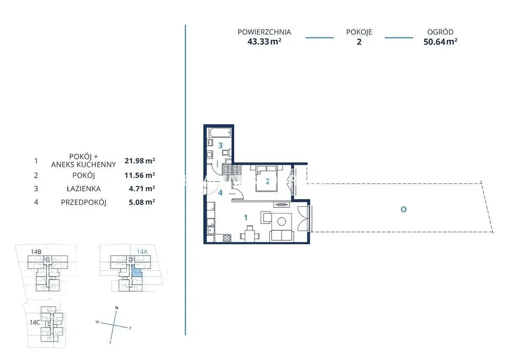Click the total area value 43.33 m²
click(x=264, y=42)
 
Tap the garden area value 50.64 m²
click(x=440, y=42)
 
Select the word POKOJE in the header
click(x=359, y=32)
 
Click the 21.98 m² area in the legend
click(x=139, y=161)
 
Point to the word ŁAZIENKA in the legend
click(x=84, y=188)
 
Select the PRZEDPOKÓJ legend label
click(x=84, y=202)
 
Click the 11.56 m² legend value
click(x=139, y=175)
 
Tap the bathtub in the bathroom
click(x=220, y=132)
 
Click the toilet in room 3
click(x=227, y=152)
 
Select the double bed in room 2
click(x=267, y=178)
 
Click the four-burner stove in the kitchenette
click(x=227, y=238)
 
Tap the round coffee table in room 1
click(x=281, y=221)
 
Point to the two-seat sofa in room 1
click(x=282, y=235)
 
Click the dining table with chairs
click(x=249, y=234)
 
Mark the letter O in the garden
click(x=404, y=210)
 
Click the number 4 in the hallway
click(x=220, y=192)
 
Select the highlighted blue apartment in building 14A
click(x=136, y=270)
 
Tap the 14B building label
click(x=36, y=252)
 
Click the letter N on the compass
click(x=117, y=308)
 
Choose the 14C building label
click(x=35, y=322)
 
